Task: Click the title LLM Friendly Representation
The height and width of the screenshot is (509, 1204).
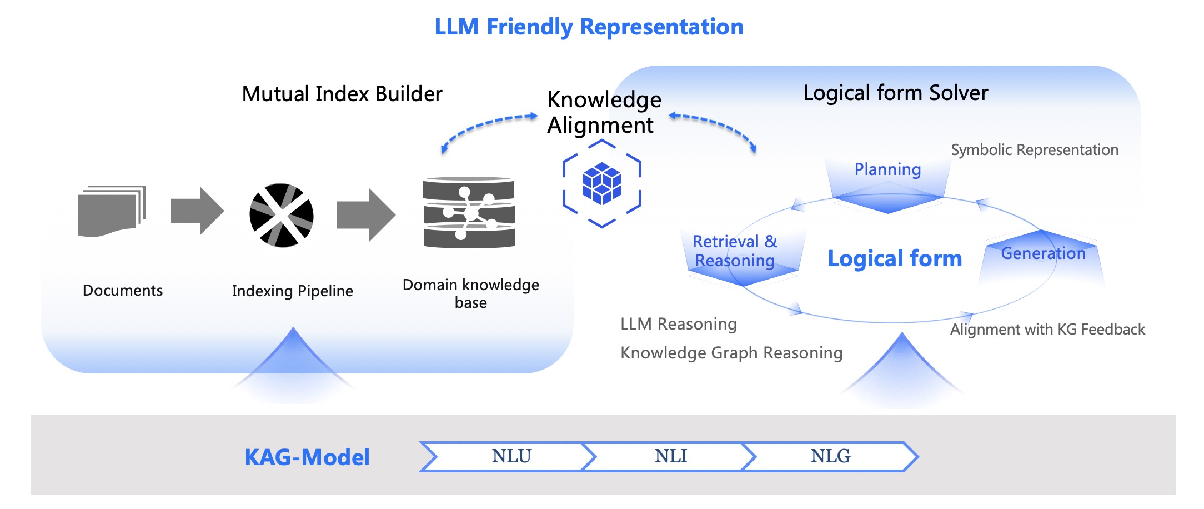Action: (589, 27)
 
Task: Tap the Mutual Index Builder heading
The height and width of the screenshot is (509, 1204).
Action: (342, 94)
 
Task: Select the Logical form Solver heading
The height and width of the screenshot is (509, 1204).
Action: (896, 93)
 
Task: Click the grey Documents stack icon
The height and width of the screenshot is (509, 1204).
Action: (112, 211)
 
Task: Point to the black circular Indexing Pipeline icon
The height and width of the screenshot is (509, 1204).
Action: (282, 215)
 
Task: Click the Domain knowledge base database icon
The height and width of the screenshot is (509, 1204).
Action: (469, 213)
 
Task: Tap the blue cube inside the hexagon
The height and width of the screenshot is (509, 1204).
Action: (602, 183)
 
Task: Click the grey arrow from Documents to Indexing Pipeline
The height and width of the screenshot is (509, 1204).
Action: (197, 211)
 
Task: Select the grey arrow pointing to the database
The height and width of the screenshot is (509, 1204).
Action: (366, 215)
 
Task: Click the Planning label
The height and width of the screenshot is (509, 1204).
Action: (887, 169)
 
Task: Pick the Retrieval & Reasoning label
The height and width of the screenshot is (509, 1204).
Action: (735, 251)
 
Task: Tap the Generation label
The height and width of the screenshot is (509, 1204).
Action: (1043, 253)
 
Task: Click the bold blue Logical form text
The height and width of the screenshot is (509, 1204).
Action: (895, 259)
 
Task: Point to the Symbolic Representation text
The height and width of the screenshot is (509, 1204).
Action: (1035, 150)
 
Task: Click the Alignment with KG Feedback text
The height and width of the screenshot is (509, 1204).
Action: (1047, 330)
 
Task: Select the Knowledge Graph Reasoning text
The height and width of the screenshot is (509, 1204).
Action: (731, 353)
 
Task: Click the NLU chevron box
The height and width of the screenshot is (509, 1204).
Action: (508, 457)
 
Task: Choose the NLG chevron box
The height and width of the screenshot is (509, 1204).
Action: (830, 457)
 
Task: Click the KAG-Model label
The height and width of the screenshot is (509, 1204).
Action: (307, 457)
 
